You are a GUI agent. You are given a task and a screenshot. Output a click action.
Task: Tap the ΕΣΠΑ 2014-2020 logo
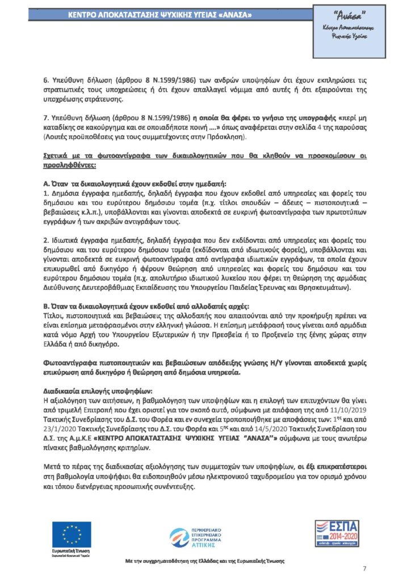click(337, 533)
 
